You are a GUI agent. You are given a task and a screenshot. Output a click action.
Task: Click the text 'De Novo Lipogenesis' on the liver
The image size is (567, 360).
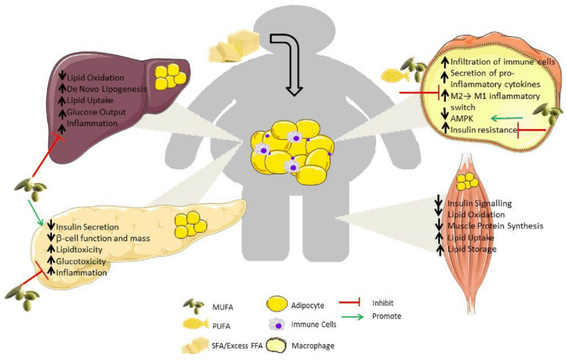coord(107,89)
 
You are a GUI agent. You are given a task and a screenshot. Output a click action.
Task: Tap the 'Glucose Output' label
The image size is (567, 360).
coord(96,112)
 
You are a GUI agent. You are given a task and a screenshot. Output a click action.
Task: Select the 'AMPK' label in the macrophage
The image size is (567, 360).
coord(462,119)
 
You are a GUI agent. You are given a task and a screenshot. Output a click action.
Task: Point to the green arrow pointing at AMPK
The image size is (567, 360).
coord(507,118)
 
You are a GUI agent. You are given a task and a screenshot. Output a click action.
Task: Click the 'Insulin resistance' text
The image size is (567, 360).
coord(484,130)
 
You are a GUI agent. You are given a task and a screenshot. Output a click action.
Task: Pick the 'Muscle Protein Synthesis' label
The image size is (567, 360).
coord(496,226)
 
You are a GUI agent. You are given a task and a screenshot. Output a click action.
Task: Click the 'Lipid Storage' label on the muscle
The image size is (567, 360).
coord(472,249)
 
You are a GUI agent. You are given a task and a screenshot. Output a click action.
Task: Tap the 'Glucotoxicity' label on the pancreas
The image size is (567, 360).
coord(81,261)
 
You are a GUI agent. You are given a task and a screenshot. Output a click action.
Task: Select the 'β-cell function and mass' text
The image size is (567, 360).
coord(103,238)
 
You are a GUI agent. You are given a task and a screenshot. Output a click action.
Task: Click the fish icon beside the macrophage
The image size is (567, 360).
coord(395,75)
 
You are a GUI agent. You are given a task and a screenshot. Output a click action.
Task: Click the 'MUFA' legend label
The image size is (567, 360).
coord(223,307)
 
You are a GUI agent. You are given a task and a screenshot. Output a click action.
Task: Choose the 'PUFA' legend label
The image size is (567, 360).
coord(221,326)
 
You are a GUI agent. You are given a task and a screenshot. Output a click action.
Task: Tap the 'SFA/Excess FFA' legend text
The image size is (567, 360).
coord(237,346)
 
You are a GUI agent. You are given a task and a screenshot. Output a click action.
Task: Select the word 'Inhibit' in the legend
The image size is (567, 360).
coord(383,303)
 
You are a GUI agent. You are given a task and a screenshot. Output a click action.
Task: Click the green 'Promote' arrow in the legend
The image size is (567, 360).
coord(351,317)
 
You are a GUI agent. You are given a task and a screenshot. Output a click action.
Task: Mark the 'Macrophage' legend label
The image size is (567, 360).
coord(313,346)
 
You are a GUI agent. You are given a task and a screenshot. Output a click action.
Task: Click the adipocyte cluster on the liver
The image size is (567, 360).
coord(171,76)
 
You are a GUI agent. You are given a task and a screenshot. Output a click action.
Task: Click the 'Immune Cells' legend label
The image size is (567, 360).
coord(314,325)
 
